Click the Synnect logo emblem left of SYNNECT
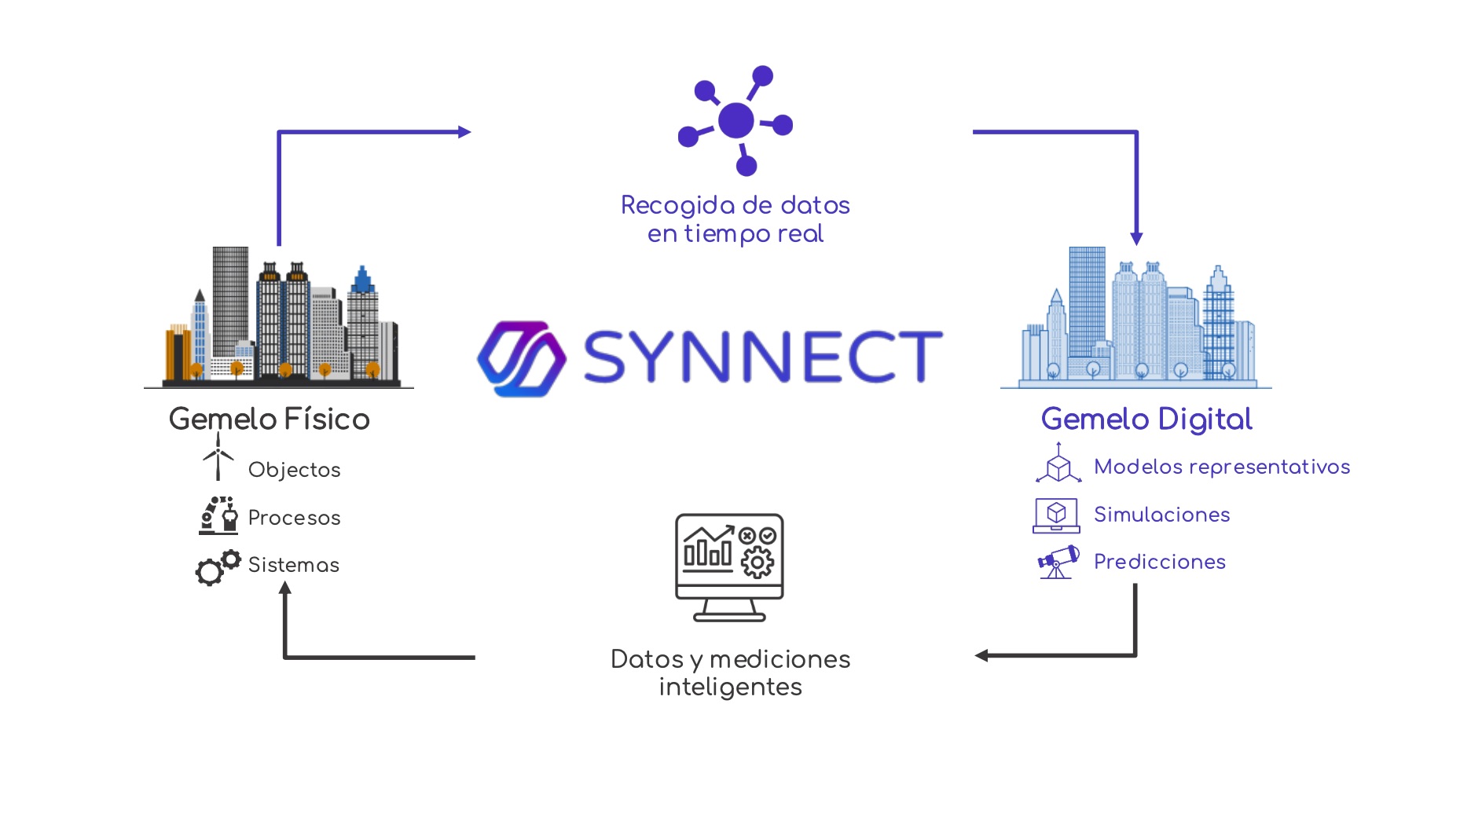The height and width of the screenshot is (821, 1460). point(522,358)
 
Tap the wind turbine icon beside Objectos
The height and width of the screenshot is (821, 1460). point(218,460)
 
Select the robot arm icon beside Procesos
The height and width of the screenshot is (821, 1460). point(218,515)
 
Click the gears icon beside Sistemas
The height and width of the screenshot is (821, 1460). point(217,566)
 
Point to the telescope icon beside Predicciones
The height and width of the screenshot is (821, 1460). point(1058,562)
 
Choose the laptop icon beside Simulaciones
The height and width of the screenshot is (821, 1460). point(1056,515)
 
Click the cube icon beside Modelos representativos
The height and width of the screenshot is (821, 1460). point(1058,465)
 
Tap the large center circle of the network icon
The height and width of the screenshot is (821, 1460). point(736,120)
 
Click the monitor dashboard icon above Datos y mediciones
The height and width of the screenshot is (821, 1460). point(729,566)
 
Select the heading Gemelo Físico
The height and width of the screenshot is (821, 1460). point(269,419)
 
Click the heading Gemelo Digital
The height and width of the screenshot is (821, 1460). point(1146,419)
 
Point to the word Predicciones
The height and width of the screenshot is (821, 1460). point(1159,562)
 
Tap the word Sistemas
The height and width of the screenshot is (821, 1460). point(293,565)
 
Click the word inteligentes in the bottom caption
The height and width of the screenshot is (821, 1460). point(730,687)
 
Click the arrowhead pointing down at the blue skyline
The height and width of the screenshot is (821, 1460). point(1136,238)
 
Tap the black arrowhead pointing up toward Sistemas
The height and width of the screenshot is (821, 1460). point(285,588)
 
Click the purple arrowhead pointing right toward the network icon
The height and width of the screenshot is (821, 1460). point(464,132)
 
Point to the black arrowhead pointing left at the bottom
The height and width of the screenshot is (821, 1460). point(981,655)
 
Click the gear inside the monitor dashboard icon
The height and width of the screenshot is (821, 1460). point(758,563)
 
